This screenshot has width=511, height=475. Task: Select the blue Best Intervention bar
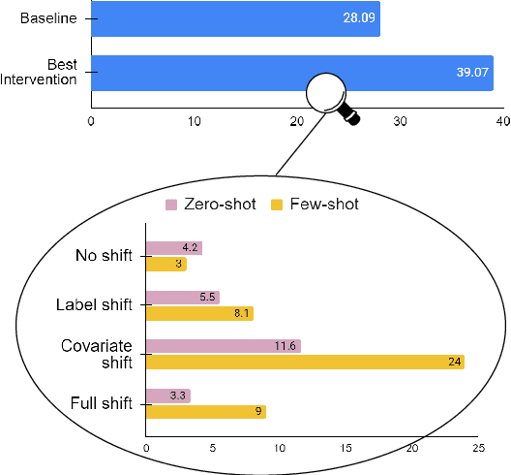(290, 73)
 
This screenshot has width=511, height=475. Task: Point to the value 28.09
(360, 18)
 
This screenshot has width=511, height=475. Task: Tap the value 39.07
(474, 73)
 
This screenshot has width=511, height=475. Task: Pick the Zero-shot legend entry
(211, 205)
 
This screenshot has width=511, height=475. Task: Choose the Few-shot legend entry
(314, 205)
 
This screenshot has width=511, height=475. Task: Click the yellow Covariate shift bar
(305, 362)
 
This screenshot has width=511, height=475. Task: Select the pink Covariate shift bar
(223, 346)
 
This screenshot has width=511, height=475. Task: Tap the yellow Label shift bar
(199, 313)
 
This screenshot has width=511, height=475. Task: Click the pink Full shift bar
(167, 396)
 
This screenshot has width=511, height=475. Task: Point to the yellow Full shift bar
(205, 411)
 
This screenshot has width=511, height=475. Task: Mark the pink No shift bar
(173, 248)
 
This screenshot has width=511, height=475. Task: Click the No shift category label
(104, 256)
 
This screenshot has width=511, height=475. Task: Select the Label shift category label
(94, 305)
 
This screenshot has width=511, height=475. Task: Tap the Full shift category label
(101, 403)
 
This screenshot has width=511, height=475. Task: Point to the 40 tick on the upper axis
(501, 121)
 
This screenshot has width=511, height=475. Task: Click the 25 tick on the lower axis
(478, 449)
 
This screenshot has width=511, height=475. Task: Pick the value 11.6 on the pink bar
(286, 346)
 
